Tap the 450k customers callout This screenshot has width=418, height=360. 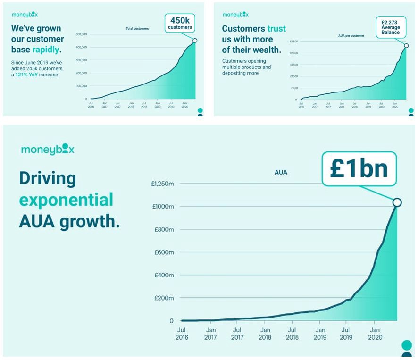click(180, 23)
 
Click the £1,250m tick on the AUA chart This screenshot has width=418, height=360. click(162, 184)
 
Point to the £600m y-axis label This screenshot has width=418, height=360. click(164, 252)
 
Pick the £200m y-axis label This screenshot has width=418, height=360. click(164, 298)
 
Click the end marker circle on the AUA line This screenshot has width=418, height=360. click(397, 202)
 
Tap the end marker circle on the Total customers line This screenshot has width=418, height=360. click(195, 41)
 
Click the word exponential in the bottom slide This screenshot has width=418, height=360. click(66, 200)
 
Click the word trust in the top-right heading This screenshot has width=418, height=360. click(276, 29)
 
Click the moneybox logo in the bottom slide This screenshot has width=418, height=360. click(48, 150)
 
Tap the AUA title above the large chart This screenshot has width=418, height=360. click(281, 173)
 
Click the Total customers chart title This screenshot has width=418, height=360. click(137, 29)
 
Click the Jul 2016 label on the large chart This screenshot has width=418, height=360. click(182, 334)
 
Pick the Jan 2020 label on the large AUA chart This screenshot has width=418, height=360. click(375, 334)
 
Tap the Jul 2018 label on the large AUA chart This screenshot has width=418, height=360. click(292, 334)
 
